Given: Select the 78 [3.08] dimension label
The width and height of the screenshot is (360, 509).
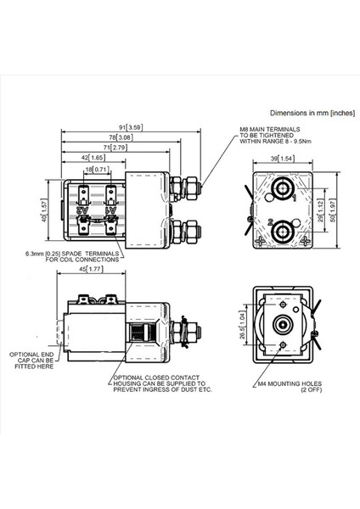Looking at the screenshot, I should [123, 137].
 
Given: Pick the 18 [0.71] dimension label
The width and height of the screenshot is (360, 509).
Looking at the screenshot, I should [95, 170].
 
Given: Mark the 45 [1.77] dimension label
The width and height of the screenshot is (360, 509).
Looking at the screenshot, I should [90, 270].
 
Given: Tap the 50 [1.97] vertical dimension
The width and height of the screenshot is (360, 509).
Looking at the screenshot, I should [333, 209].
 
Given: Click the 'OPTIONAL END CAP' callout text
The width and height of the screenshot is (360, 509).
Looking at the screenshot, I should [32, 362].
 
